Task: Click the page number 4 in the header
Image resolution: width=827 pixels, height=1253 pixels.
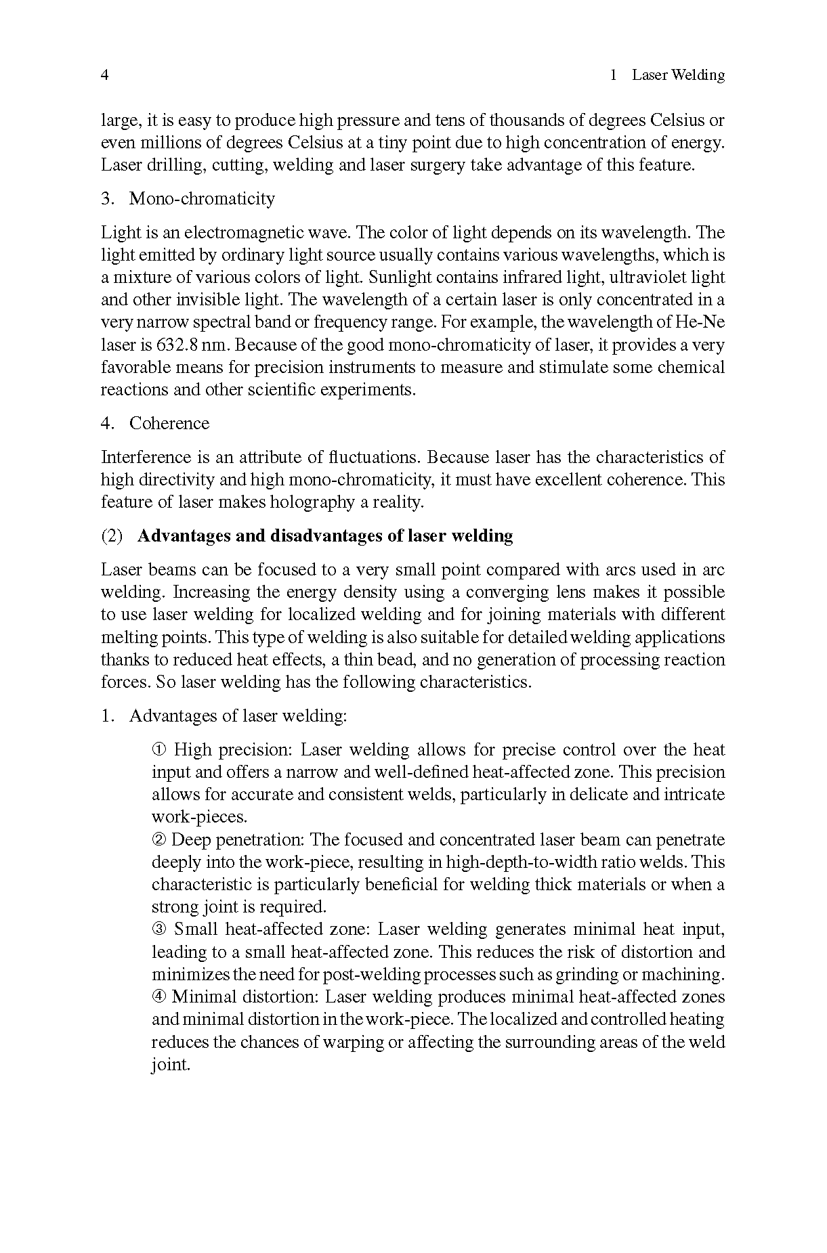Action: pyautogui.click(x=105, y=75)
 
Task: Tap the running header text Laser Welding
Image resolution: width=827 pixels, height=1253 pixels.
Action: pyautogui.click(x=678, y=75)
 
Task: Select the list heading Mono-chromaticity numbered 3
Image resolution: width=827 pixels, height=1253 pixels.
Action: pyautogui.click(x=202, y=199)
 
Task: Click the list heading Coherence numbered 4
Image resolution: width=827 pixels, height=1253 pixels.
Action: pyautogui.click(x=169, y=424)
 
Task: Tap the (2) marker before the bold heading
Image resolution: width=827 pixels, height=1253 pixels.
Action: pyautogui.click(x=112, y=536)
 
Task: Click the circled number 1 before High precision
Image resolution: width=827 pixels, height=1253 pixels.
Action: pyautogui.click(x=158, y=750)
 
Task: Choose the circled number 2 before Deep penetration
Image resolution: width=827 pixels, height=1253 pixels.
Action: pyautogui.click(x=158, y=840)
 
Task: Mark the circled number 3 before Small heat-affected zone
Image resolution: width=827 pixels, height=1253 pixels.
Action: pyautogui.click(x=158, y=929)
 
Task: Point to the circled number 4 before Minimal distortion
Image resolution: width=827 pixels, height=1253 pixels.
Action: pyautogui.click(x=158, y=997)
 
